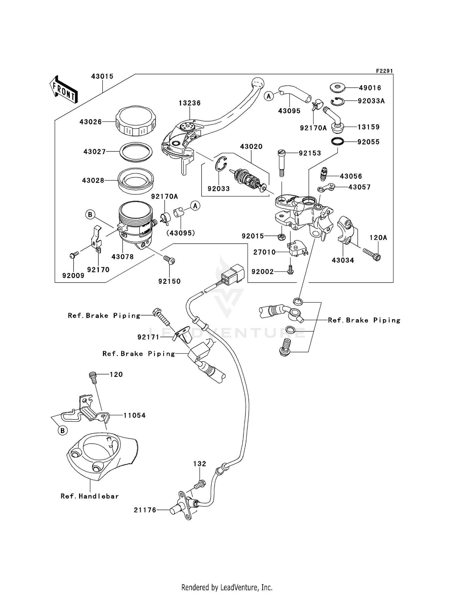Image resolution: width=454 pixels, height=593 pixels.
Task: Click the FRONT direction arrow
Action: tap(64, 89)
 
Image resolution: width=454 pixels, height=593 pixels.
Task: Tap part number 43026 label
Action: tap(90, 122)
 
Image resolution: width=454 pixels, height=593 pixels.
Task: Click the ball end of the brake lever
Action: tap(258, 83)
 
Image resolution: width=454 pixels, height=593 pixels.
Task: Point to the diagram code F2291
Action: tap(384, 71)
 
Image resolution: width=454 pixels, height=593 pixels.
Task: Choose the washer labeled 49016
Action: tap(337, 88)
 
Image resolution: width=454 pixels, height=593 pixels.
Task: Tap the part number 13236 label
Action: tap(189, 103)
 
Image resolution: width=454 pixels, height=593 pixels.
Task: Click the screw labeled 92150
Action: tap(169, 260)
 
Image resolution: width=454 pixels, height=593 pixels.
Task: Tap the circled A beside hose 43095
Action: tap(268, 96)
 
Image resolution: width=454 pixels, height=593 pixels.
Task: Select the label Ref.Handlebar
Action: tap(90, 496)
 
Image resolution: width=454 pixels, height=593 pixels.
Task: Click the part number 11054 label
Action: tap(134, 416)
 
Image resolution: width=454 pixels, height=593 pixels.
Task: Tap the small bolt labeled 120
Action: tap(93, 378)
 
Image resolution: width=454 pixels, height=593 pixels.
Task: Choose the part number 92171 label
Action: tap(148, 337)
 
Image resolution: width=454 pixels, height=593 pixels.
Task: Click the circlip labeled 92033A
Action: tap(337, 102)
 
